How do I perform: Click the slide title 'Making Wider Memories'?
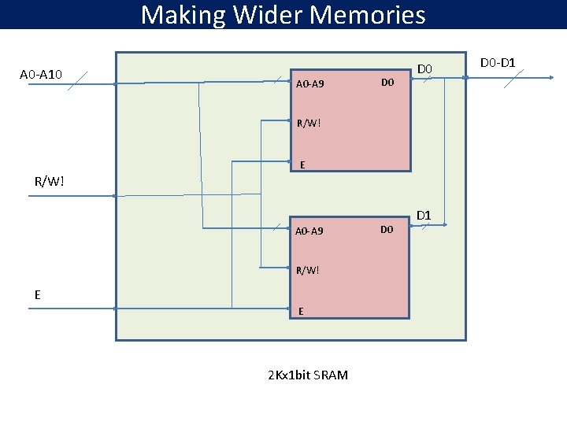pos(283,15)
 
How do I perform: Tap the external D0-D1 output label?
pos(498,61)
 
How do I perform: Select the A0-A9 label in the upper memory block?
pos(309,83)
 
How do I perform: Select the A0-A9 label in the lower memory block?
pos(309,231)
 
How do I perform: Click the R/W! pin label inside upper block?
pos(309,123)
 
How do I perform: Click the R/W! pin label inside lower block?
pos(309,270)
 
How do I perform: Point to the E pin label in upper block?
pos(303,164)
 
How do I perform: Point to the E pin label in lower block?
pos(302,312)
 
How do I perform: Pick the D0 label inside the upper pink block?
pos(387,82)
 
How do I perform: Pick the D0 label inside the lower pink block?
pos(387,229)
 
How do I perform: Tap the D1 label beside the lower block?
pos(424,214)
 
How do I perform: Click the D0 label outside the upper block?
pos(425,69)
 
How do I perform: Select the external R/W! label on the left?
pos(50,182)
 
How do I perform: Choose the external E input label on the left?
pos(37,294)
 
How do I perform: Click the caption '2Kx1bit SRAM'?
pos(308,375)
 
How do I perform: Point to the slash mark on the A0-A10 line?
pos(76,82)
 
